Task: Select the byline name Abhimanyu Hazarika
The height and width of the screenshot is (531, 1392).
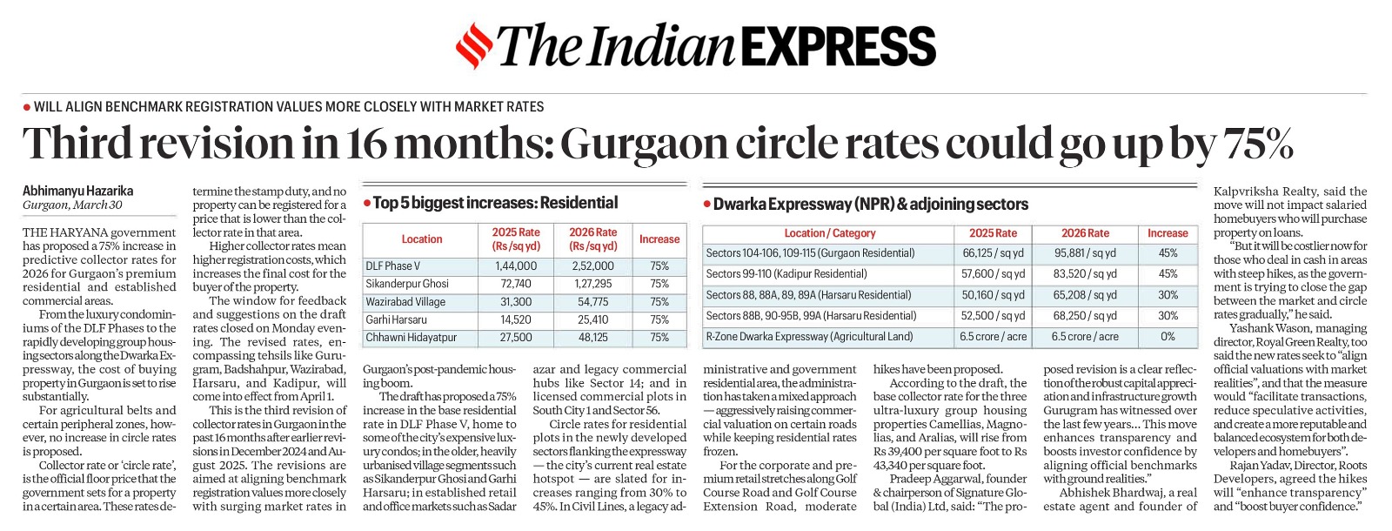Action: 78,191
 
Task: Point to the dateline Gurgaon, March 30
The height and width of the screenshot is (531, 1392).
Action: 72,205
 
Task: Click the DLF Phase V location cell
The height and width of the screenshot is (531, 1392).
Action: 392,265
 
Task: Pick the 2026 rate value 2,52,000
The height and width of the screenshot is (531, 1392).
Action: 592,265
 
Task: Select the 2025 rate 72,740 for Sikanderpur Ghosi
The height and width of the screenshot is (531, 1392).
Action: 516,284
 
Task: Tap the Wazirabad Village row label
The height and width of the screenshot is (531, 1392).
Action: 405,301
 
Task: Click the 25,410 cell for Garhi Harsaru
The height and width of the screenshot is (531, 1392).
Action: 592,319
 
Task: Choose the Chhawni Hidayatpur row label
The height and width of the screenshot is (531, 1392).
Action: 411,337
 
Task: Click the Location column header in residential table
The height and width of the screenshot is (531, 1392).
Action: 421,239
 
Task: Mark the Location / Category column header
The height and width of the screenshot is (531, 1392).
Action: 829,233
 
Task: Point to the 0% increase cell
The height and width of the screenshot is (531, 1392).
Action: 1168,336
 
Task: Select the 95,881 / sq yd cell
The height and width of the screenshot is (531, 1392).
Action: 1085,253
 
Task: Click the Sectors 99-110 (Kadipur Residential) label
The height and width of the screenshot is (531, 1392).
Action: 786,274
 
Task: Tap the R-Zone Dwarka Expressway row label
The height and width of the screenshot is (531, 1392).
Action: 809,336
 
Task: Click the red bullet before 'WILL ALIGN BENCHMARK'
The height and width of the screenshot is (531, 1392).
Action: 27,107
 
